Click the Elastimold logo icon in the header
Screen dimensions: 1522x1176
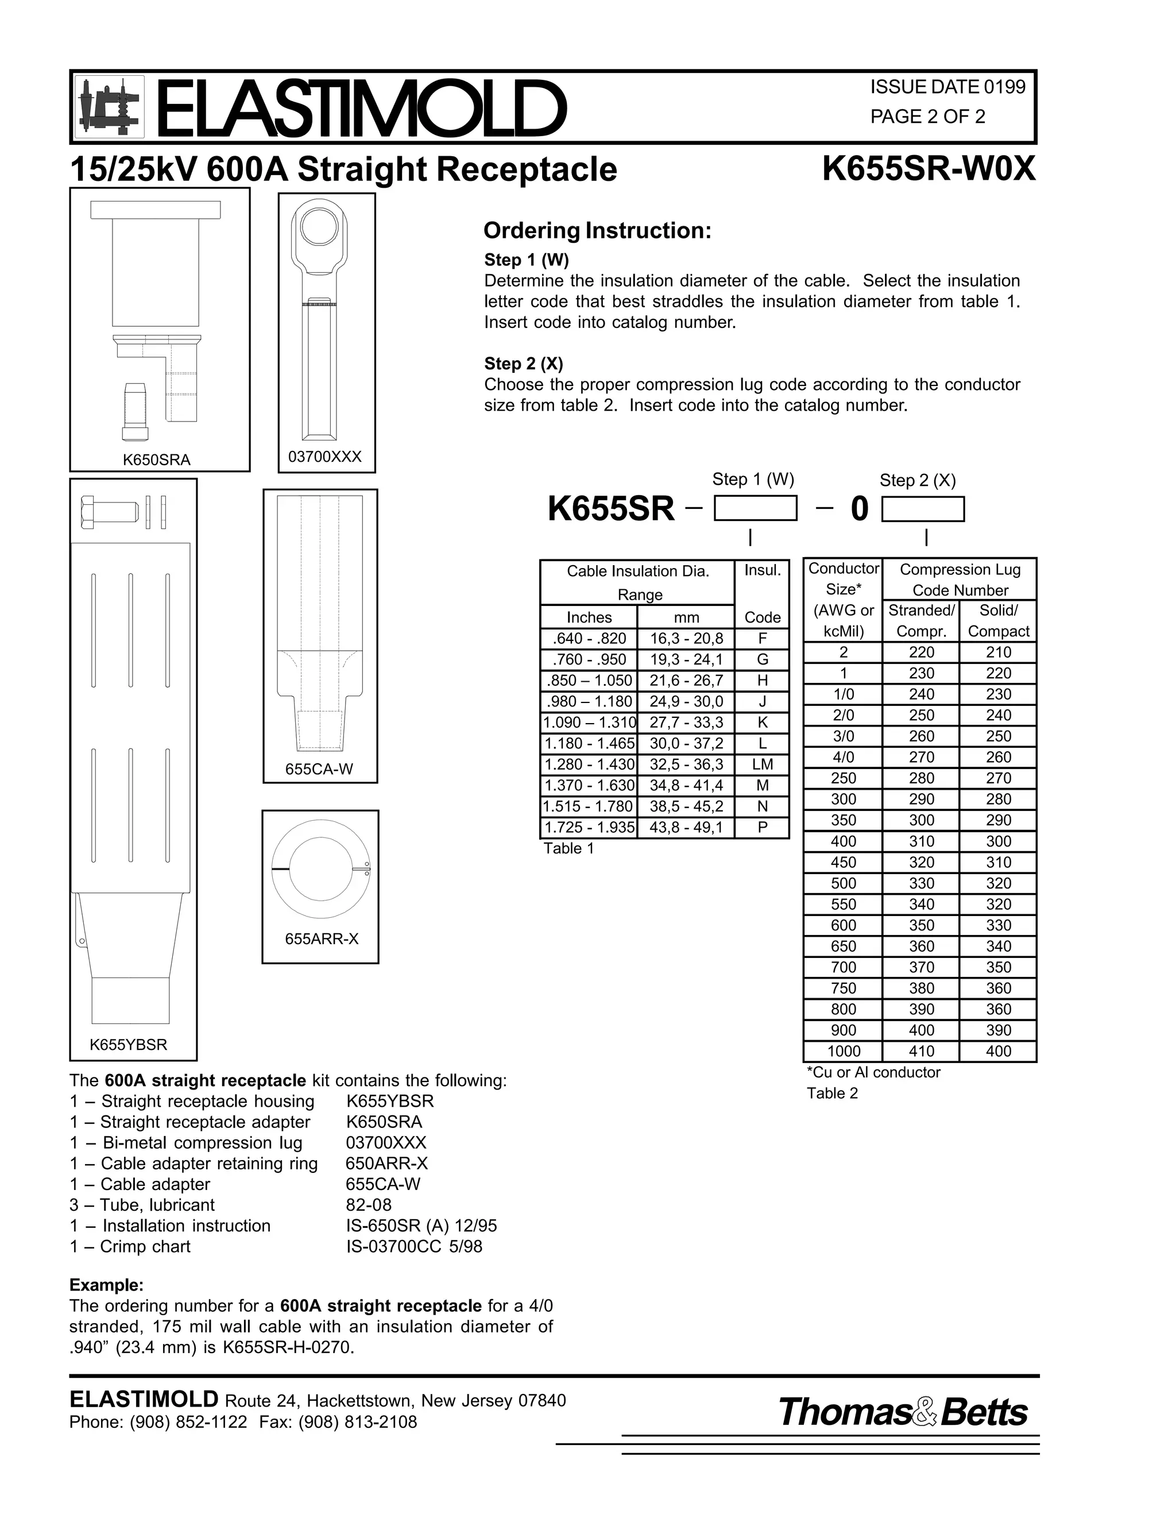click(109, 107)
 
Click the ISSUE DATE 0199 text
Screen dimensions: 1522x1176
click(947, 87)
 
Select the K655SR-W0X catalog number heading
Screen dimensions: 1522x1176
click(928, 169)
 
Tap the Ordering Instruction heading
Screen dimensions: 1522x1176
click(597, 231)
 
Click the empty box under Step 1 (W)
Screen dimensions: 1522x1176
click(755, 508)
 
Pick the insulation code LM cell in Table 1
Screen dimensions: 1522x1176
click(762, 764)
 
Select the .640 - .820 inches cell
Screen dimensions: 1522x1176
click(589, 638)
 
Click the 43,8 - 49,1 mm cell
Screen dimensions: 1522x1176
click(686, 828)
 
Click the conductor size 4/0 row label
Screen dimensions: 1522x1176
click(843, 757)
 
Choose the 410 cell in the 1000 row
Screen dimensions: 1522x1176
click(921, 1051)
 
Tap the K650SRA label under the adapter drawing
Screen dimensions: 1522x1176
click(157, 459)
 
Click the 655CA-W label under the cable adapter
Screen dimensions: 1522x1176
click(319, 770)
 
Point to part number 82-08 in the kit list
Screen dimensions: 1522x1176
click(369, 1205)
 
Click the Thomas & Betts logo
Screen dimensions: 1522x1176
click(903, 1413)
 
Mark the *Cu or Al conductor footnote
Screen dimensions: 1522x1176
click(873, 1072)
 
